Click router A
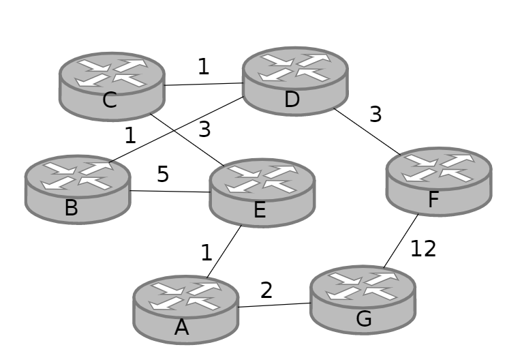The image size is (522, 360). coord(185,309)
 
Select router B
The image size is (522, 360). coord(78,189)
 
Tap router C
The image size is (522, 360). coord(112,86)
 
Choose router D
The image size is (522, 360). coord(295,80)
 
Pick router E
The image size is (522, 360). coord(262,192)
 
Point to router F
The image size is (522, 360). coord(438,181)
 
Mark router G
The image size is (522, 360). coord(363,299)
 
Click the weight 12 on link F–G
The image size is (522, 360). coord(423,249)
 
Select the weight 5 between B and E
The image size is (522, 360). coord(163,175)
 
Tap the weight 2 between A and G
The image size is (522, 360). coord(266,290)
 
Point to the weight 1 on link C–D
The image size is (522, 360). coord(203,67)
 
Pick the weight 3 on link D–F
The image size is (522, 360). coord(375,115)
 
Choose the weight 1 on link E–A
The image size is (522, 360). coord(206,253)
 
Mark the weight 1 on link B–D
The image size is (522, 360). coord(130,136)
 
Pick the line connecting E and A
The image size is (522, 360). coord(224,252)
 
